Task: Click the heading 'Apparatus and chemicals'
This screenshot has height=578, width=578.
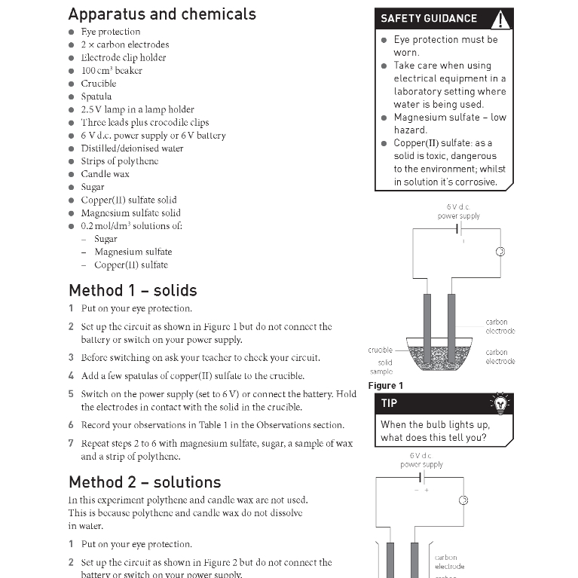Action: coord(162,14)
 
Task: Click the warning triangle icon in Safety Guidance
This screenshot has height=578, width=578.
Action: coord(500,20)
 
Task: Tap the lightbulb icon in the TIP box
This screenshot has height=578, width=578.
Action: coord(499,403)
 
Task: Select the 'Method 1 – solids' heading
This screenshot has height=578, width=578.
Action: coord(133,290)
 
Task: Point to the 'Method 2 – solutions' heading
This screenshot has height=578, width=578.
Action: coord(145,482)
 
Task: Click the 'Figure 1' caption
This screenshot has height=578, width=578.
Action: coord(385,386)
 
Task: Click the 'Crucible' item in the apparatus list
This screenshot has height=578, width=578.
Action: coord(99,84)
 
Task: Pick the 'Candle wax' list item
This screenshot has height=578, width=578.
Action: coord(105,174)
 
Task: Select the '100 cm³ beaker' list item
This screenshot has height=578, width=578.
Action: coord(112,71)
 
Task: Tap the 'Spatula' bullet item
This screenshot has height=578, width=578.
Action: coord(96,96)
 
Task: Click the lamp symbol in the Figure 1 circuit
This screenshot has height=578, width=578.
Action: coord(499,252)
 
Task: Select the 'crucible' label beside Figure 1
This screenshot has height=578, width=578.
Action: coord(381,350)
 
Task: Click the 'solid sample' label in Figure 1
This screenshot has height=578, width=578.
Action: coord(381,367)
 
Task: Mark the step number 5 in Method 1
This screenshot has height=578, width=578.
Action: coord(72,394)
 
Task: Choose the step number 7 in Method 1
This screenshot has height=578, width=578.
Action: coord(72,443)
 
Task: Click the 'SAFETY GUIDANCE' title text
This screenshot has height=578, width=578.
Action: coord(429,19)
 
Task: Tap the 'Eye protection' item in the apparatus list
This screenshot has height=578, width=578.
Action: coord(111,32)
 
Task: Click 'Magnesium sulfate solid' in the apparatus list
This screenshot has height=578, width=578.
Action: coord(130,213)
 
